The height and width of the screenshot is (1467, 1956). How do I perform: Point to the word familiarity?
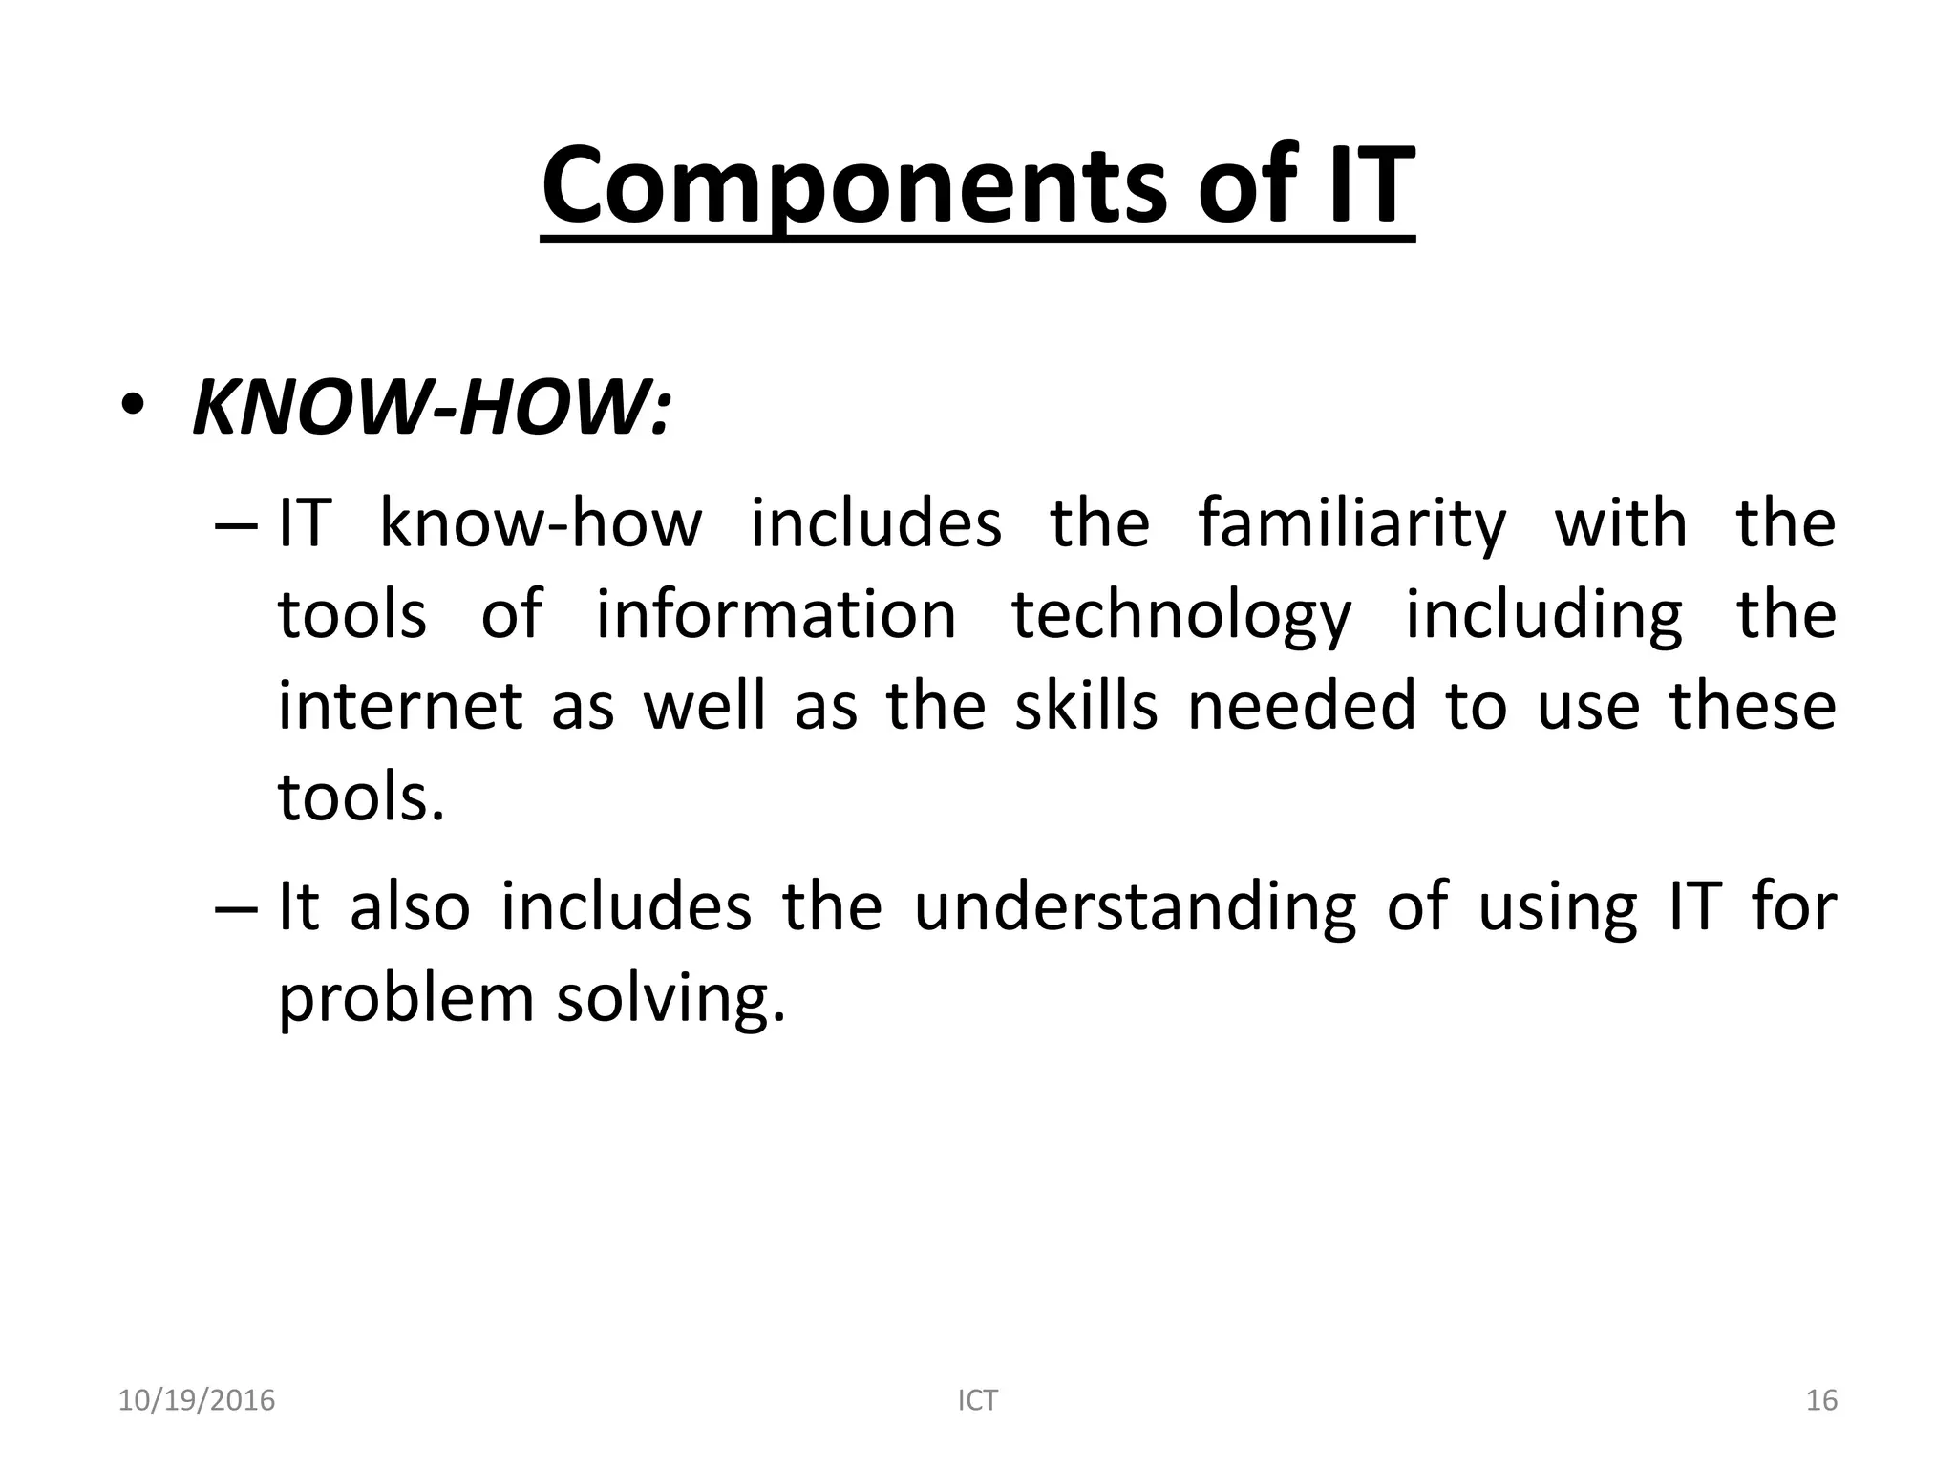(x=1351, y=524)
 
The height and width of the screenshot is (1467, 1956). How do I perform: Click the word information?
(x=776, y=615)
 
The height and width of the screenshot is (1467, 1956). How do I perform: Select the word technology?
(x=1181, y=617)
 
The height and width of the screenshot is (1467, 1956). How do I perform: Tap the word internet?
(x=400, y=706)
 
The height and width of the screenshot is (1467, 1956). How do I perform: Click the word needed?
(x=1302, y=706)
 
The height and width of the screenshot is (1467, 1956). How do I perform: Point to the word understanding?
(x=1135, y=907)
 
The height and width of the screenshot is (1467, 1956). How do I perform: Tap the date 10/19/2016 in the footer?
(x=196, y=1400)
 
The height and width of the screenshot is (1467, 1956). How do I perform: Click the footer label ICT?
(x=977, y=1400)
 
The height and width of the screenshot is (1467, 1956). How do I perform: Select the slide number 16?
(x=1821, y=1400)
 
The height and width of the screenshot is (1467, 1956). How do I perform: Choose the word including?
(x=1543, y=617)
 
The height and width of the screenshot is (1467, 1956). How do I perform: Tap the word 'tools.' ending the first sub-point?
(x=361, y=797)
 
